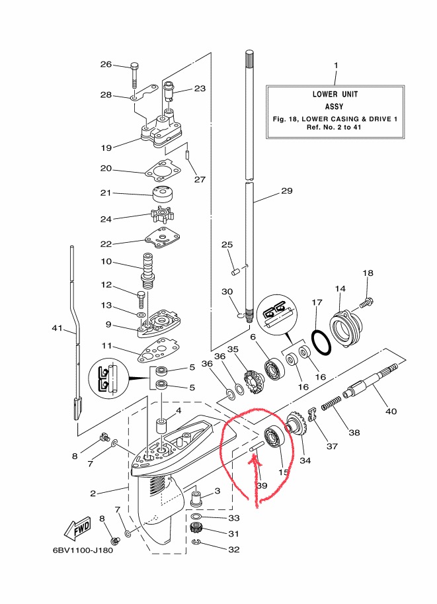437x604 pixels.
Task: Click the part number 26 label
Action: [x=106, y=65]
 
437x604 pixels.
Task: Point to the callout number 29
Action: [x=286, y=191]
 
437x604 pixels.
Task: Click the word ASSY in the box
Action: [x=335, y=106]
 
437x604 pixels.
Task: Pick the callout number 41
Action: [x=58, y=328]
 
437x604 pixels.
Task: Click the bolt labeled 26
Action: [x=135, y=74]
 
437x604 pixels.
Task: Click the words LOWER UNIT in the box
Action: [x=335, y=94]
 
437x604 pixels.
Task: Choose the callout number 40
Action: [x=391, y=411]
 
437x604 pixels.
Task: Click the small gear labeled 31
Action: [x=195, y=528]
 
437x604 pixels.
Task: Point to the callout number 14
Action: [x=340, y=288]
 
